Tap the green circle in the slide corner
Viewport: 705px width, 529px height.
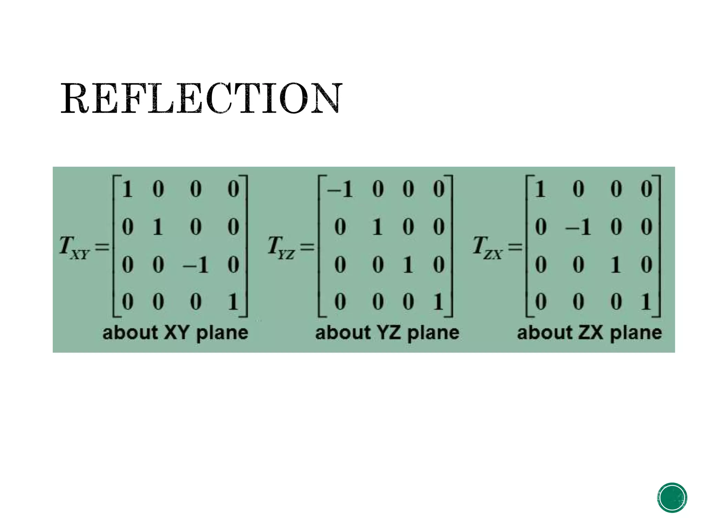pyautogui.click(x=672, y=497)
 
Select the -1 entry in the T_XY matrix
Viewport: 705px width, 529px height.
pyautogui.click(x=196, y=265)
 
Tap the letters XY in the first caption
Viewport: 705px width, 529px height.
pyautogui.click(x=177, y=333)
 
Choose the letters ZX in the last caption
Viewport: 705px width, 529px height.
pyautogui.click(x=591, y=333)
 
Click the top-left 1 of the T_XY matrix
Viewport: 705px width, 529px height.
pyautogui.click(x=127, y=189)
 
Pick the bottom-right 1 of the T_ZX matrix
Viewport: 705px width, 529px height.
pyautogui.click(x=646, y=302)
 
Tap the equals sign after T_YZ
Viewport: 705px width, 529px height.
pyautogui.click(x=307, y=247)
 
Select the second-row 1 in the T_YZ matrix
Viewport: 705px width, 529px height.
pyautogui.click(x=378, y=227)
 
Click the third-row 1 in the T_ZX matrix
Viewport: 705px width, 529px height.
pyautogui.click(x=616, y=265)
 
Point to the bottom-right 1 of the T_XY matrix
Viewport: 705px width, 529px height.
pyautogui.click(x=233, y=302)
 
